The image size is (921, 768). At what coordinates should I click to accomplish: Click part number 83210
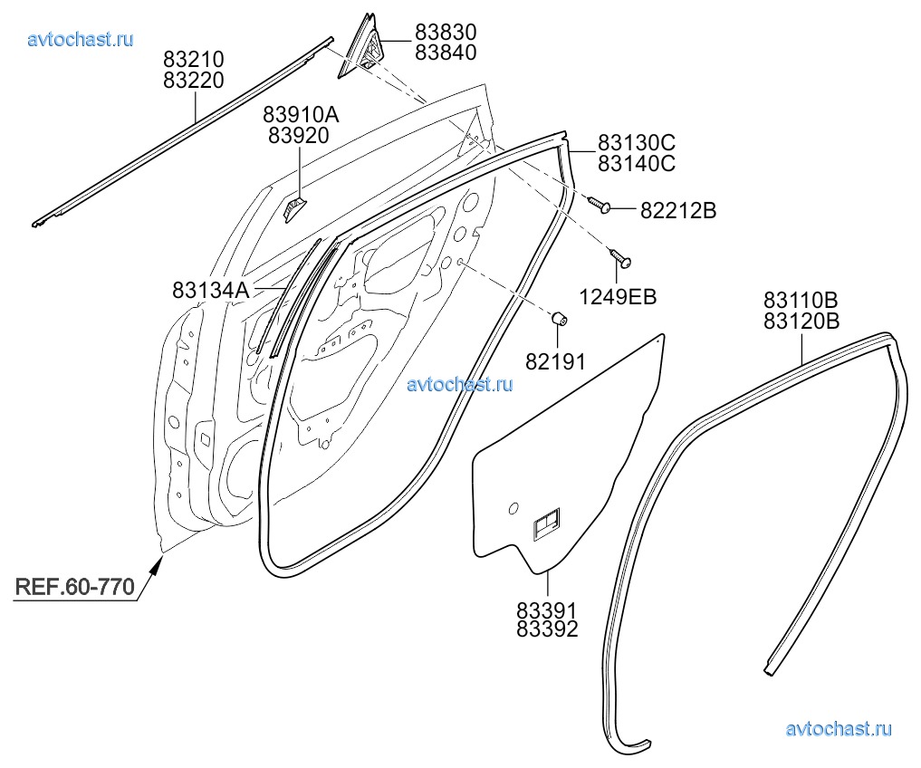[194, 60]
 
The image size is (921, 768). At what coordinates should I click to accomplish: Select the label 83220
[194, 80]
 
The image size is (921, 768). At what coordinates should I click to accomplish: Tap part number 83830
[446, 33]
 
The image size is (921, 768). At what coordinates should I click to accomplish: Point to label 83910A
[302, 115]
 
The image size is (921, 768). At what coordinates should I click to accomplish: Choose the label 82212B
[678, 211]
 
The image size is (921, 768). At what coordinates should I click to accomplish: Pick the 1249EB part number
[619, 296]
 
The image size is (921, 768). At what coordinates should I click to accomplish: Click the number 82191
[555, 362]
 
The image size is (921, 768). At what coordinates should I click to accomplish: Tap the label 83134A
[210, 290]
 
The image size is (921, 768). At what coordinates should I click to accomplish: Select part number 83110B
[801, 301]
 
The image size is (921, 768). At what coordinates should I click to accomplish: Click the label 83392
[547, 629]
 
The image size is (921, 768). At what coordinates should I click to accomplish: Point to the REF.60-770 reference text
[74, 586]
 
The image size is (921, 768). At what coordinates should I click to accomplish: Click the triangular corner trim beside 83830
[363, 49]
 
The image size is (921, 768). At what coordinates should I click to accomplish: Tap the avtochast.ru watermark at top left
[81, 39]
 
